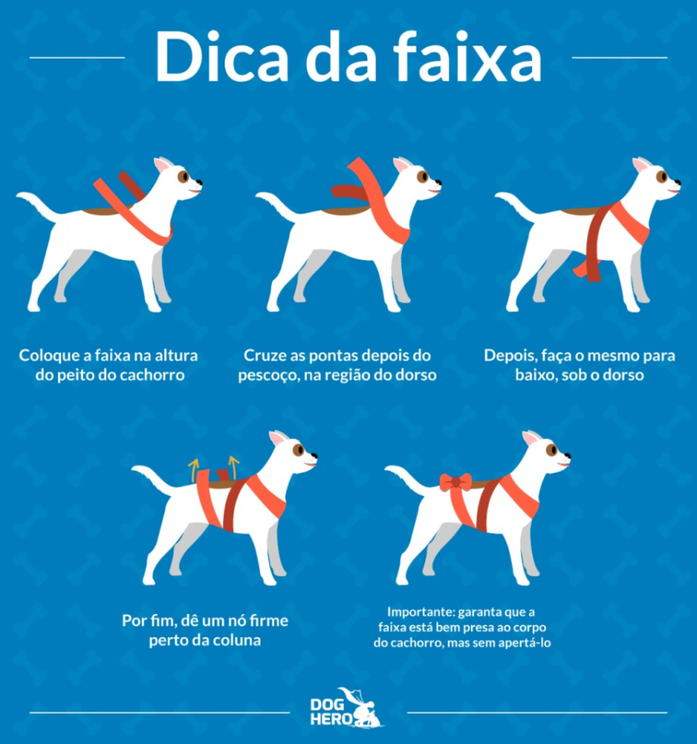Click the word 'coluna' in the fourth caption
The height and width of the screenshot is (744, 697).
coord(236,640)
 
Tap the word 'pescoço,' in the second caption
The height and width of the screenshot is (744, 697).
coord(268,375)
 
